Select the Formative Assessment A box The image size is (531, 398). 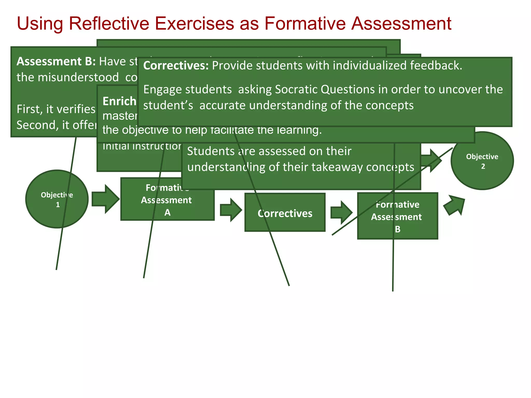tap(167, 205)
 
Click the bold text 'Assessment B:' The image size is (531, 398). tap(56, 61)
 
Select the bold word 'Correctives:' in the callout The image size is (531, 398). tap(176, 66)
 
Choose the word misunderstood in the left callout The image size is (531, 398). tap(78, 77)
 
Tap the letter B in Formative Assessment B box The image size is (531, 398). tap(397, 229)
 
